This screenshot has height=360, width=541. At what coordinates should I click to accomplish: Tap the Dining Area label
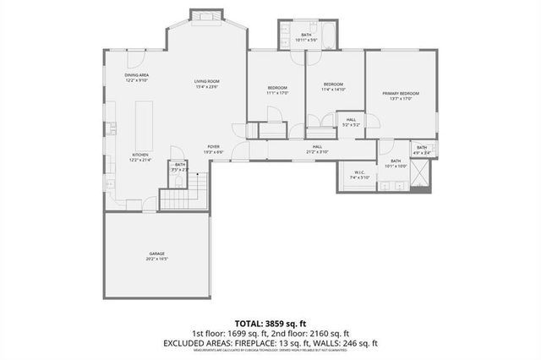click(137, 77)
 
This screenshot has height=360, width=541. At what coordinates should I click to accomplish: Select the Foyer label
click(214, 149)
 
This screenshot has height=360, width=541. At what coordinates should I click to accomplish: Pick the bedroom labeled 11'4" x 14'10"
click(334, 86)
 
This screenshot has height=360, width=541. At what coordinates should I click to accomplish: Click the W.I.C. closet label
click(359, 175)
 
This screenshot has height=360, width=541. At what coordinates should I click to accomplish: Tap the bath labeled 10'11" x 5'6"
click(305, 36)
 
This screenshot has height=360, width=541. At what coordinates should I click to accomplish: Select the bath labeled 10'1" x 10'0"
click(396, 163)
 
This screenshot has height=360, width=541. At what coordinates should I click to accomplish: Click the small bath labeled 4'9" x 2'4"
click(422, 150)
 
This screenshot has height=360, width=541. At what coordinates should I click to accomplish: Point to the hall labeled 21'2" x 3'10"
click(318, 149)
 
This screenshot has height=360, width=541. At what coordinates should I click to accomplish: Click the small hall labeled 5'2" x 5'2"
click(351, 123)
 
